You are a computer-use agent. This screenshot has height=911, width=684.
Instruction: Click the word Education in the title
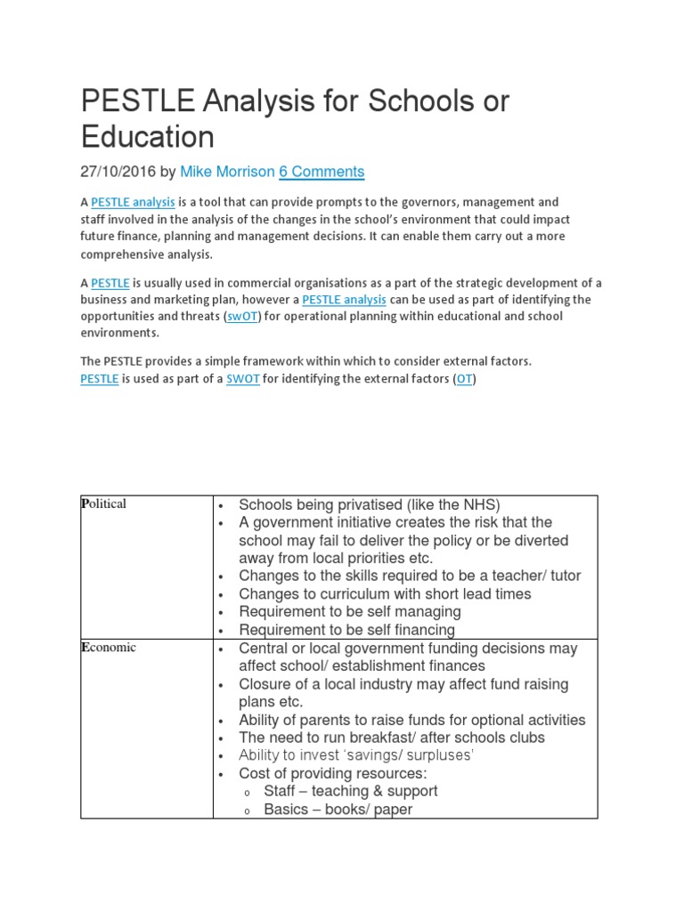[148, 137]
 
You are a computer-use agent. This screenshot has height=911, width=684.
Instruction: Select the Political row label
[104, 504]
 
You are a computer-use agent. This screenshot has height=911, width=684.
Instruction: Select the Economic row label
[109, 648]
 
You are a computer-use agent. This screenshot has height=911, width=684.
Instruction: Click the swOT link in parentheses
[241, 317]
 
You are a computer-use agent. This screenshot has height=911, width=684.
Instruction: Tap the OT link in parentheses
[465, 379]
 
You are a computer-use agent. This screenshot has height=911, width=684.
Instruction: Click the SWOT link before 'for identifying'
[242, 379]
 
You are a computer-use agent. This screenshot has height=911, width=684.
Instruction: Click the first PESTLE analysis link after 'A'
[133, 203]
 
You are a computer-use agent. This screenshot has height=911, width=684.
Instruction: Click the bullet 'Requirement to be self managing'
[350, 612]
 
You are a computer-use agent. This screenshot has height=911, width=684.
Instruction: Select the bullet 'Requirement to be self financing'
[346, 630]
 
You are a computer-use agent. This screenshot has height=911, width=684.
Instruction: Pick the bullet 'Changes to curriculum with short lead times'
[385, 594]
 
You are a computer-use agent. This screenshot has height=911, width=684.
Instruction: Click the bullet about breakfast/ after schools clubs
[392, 738]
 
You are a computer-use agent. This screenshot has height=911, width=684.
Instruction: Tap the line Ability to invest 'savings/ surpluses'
[356, 755]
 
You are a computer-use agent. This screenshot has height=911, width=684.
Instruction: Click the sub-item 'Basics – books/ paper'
[338, 810]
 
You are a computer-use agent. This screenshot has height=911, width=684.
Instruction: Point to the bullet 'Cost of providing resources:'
[333, 773]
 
